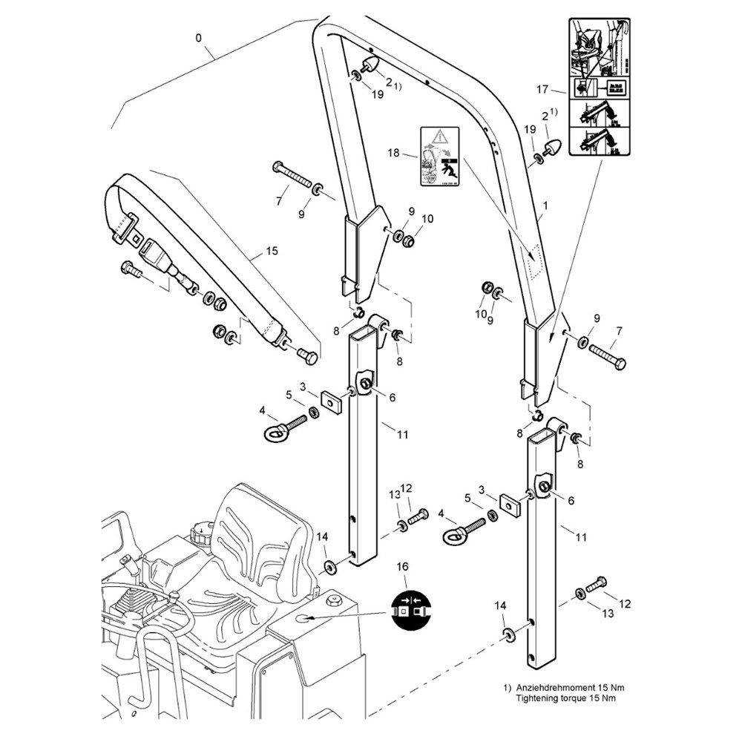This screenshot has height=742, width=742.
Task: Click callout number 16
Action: click(x=403, y=568)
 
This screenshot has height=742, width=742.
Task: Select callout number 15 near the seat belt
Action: click(x=272, y=252)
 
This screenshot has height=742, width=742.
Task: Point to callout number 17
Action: click(x=543, y=90)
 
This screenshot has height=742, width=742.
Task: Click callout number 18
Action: click(x=394, y=154)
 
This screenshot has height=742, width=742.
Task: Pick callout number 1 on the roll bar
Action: click(x=545, y=203)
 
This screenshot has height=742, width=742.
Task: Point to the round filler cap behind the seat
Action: click(x=203, y=531)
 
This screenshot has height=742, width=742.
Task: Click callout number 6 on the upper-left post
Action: click(x=392, y=398)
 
